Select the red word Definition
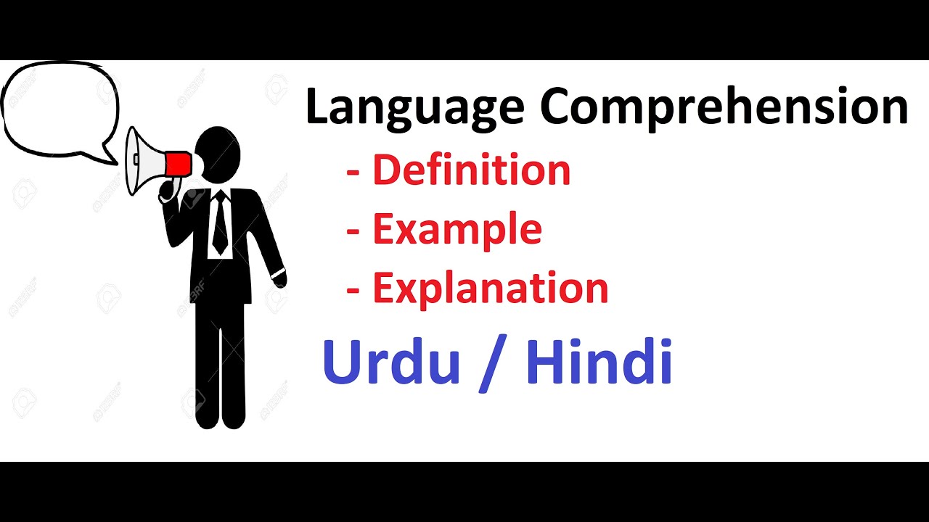coord(471,170)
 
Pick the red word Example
coord(457,229)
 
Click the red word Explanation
coord(490,288)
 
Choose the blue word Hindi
coord(599,362)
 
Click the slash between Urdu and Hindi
coord(493,363)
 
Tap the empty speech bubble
coord(58,109)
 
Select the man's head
coord(220,154)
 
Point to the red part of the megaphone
coord(179,164)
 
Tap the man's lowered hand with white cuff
coord(279,278)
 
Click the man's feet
coord(221,420)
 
